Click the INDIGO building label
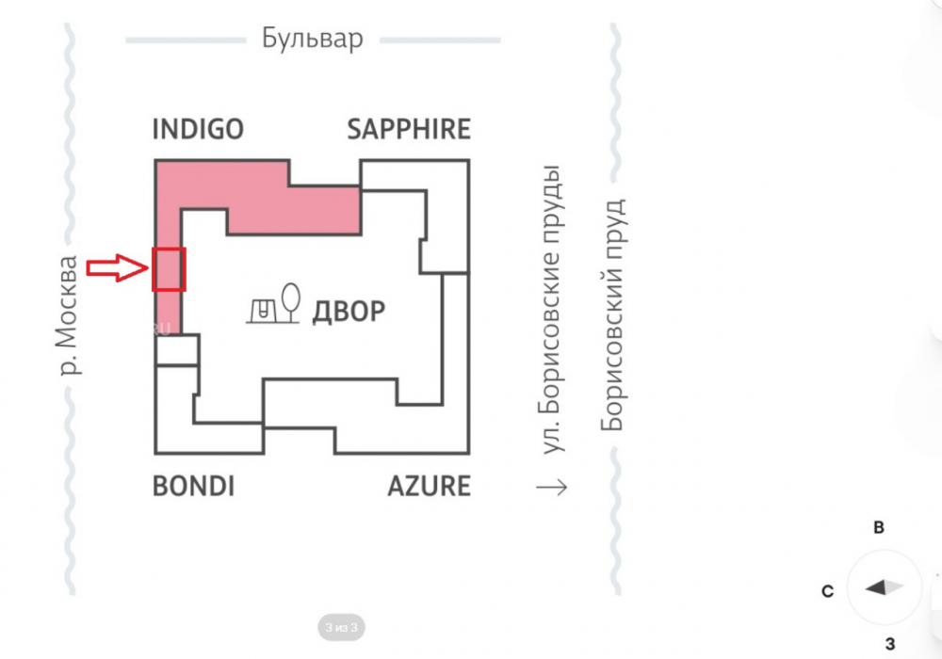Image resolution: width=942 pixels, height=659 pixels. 198,129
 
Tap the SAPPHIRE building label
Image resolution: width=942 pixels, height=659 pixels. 409,129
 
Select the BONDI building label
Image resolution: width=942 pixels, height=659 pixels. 193,486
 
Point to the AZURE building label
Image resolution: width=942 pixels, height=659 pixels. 429,486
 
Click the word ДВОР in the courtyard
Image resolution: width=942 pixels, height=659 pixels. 349,312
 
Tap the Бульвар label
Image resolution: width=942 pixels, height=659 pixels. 313,39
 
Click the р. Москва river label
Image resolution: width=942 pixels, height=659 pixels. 67,315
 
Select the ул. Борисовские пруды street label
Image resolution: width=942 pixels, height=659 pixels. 550,309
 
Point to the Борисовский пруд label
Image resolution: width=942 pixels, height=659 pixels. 613,315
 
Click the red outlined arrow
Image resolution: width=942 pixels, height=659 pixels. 117,267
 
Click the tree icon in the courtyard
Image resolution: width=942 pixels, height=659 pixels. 291,302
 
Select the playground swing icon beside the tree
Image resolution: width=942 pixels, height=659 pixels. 263,311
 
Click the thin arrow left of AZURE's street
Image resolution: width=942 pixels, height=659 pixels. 551,487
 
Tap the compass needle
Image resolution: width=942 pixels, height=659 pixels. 885,587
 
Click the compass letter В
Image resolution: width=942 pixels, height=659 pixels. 879,527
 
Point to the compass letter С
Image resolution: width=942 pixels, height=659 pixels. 827,591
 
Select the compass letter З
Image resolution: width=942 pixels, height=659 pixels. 890,644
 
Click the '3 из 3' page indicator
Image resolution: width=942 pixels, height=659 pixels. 341,627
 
